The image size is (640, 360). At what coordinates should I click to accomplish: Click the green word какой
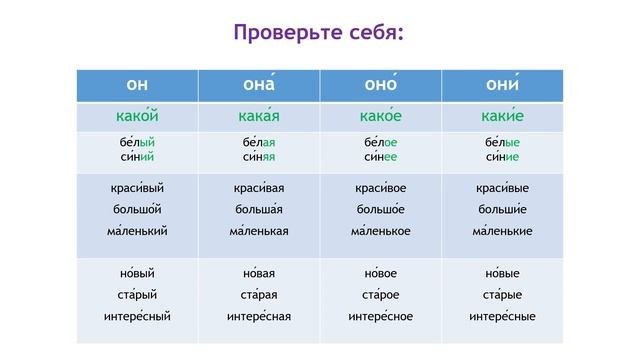point(137,117)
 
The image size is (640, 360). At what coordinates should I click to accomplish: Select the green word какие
point(501,117)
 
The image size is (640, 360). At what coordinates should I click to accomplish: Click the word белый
point(137,143)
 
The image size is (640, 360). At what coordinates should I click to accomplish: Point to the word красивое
point(380,188)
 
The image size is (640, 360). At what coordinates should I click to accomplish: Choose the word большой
point(137,210)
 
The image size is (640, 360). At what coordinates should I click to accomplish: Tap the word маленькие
point(501,231)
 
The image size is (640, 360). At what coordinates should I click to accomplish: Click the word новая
point(259,273)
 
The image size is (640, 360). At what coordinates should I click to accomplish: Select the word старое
point(380,295)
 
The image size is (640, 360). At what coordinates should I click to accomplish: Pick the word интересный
point(137,317)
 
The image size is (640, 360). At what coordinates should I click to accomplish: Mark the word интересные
point(501,317)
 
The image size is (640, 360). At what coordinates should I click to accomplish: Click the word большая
point(259,210)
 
